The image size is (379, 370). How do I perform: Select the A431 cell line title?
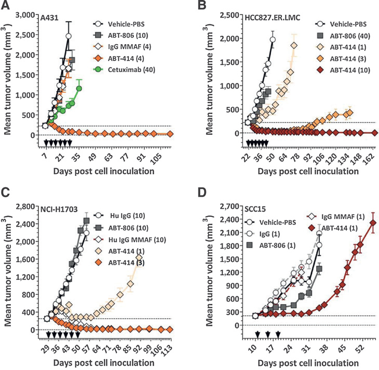pos(50,17)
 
